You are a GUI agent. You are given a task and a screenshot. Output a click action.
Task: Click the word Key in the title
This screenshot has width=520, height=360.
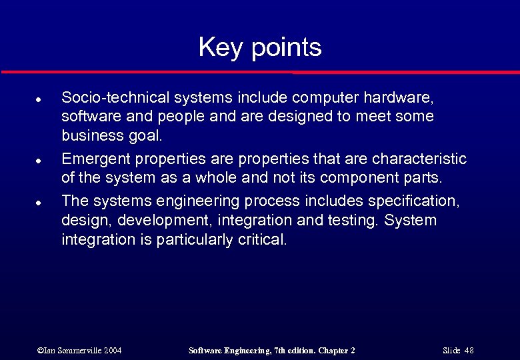[x=217, y=48]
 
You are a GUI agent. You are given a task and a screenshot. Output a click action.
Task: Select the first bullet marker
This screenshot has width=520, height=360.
[x=39, y=99]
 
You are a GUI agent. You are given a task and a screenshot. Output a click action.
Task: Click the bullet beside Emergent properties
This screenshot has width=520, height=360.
[x=39, y=161]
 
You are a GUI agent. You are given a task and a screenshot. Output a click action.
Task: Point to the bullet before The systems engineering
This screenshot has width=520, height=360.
[x=39, y=202]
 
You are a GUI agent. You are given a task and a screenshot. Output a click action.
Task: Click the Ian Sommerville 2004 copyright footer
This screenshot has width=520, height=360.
[x=79, y=350]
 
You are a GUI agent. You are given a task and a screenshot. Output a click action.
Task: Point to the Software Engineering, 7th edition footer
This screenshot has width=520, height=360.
[x=272, y=350]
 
